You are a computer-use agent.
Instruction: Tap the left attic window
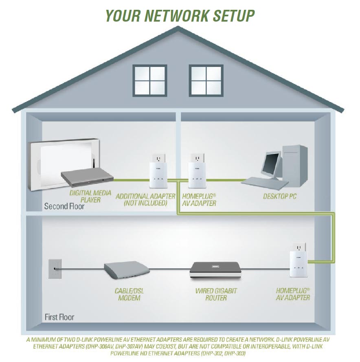pos(150,80)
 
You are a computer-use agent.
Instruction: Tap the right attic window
pos(206,80)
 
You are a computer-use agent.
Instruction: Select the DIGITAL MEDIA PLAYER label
pos(90,196)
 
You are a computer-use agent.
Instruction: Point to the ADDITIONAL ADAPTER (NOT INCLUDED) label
pos(145,200)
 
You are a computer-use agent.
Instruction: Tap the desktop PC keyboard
pos(265,182)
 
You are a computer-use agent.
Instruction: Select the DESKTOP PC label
pos(280,196)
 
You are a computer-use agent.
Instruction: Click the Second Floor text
pos(64,206)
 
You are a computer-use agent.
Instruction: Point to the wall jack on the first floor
pos(55,269)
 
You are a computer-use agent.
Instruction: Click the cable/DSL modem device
pos(126,271)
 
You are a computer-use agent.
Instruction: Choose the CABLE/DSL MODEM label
pos(129,294)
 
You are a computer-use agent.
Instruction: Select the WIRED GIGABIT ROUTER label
pos(216,294)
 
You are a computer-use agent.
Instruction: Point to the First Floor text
pos(59,317)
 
